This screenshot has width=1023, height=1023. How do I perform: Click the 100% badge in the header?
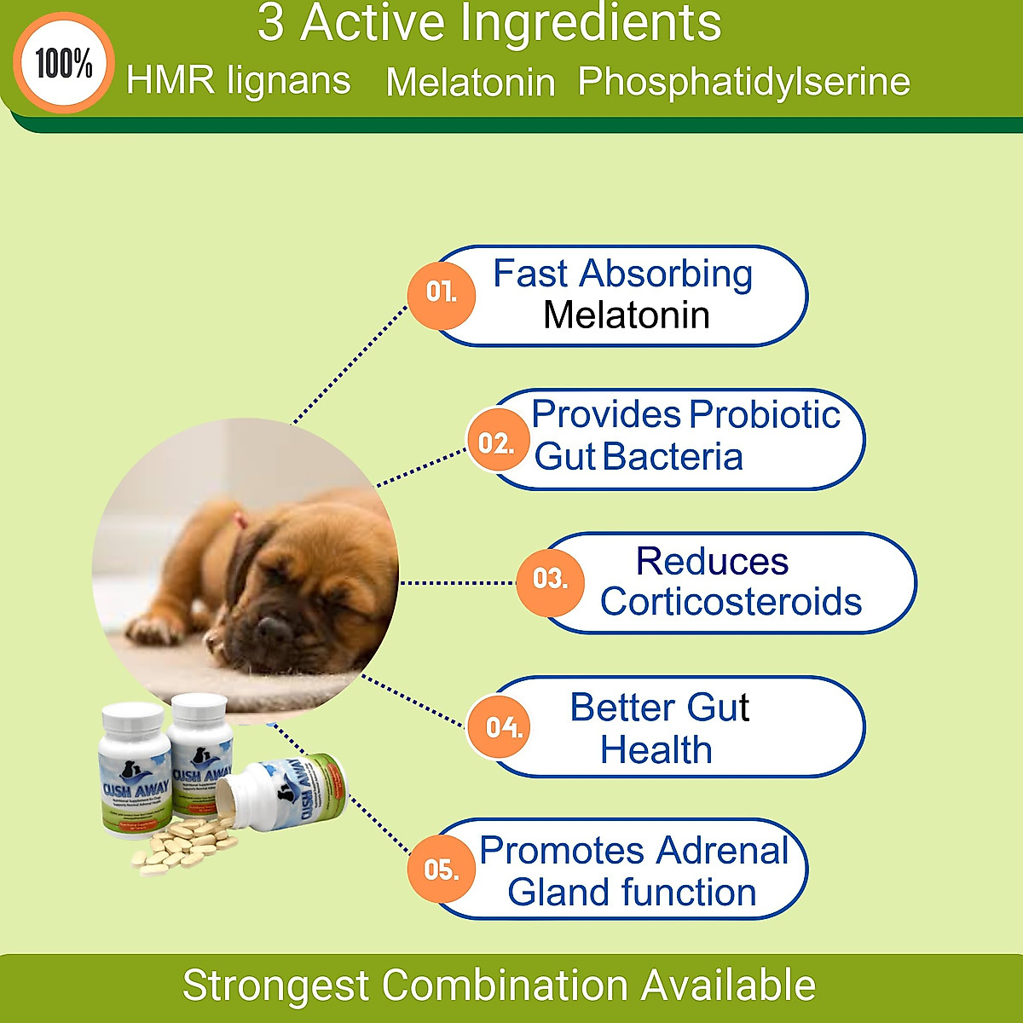64,63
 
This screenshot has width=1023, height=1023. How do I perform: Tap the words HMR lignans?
238,81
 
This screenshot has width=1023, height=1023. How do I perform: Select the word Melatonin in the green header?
470,83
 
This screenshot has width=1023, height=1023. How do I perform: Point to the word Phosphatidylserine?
743,82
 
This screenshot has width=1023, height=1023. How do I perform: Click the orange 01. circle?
441,293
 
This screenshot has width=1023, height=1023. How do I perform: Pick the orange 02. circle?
497,443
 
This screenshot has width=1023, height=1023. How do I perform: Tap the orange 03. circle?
550,581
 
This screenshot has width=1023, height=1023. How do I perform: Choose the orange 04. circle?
502,727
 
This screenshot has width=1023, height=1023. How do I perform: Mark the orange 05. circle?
441,870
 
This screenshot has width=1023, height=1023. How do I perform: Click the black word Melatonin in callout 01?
627,315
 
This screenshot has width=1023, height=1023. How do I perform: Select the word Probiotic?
764,415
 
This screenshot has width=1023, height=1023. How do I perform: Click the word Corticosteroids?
731,602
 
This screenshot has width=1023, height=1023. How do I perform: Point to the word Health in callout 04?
656,750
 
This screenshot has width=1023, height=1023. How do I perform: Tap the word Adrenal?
722,851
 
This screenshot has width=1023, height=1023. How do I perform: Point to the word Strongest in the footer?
275,985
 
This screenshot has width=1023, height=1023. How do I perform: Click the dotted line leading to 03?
458,583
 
